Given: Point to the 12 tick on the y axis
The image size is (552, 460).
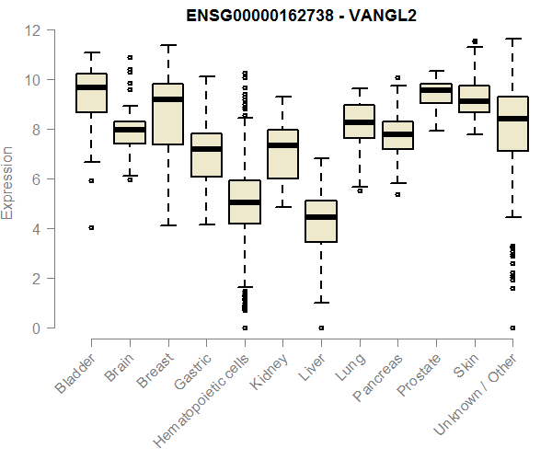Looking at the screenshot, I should [33, 30].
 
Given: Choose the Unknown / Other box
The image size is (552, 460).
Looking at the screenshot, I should [512, 123].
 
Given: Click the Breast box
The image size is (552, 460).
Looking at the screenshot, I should [168, 114].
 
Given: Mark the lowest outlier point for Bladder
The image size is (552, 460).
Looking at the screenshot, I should [91, 227].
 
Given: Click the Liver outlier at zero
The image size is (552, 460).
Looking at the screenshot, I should [321, 328].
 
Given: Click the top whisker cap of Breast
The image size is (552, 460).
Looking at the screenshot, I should [168, 44].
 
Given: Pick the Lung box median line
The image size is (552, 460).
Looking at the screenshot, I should [359, 122].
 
